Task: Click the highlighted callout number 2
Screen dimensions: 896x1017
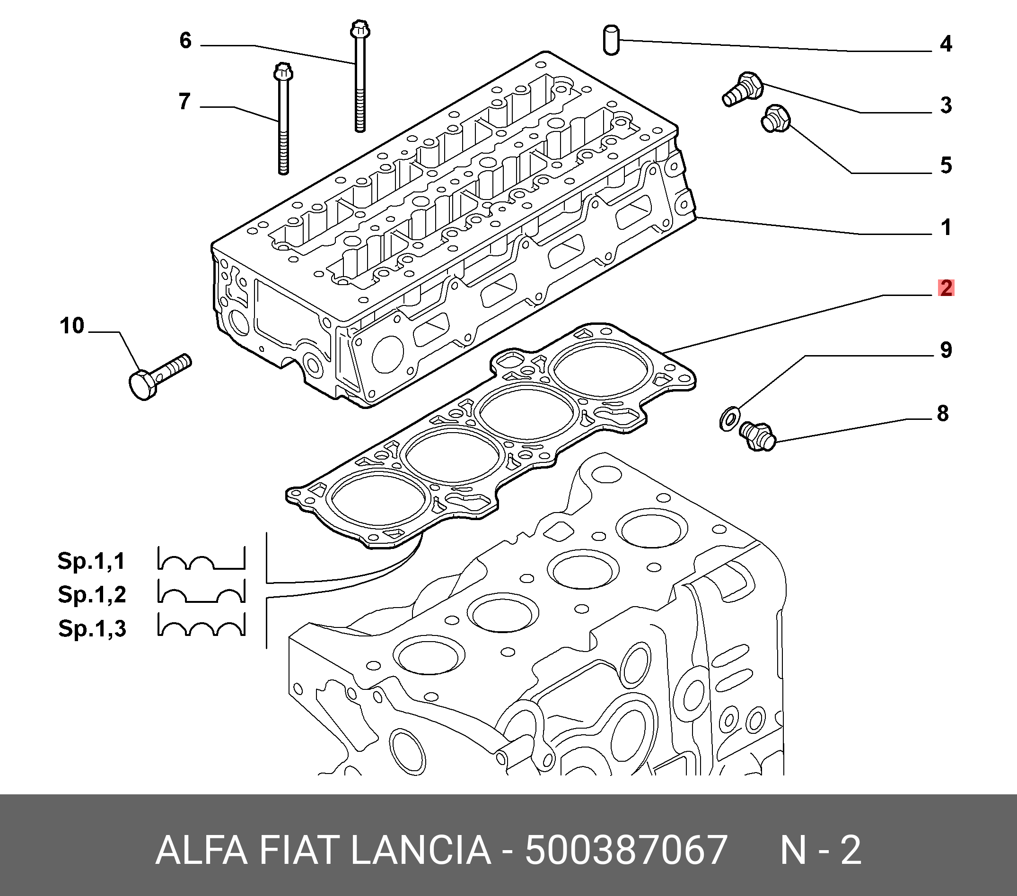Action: pos(946,288)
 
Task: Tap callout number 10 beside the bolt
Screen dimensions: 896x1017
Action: pos(72,326)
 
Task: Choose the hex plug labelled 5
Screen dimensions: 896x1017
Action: pos(775,118)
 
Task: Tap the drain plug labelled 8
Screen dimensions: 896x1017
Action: pos(757,436)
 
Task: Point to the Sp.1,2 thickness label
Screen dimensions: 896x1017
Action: pos(92,594)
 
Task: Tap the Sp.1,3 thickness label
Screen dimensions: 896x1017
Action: pos(92,628)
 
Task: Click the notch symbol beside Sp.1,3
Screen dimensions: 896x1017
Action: pos(202,625)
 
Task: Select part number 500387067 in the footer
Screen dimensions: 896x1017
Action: pos(626,851)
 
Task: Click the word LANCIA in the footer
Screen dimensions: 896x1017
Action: pos(421,851)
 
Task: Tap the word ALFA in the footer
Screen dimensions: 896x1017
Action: pos(202,851)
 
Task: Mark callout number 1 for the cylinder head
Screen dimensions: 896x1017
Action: pos(946,228)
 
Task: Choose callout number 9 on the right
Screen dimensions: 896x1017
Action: pos(946,350)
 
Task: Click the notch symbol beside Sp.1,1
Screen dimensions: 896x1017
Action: pos(202,558)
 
